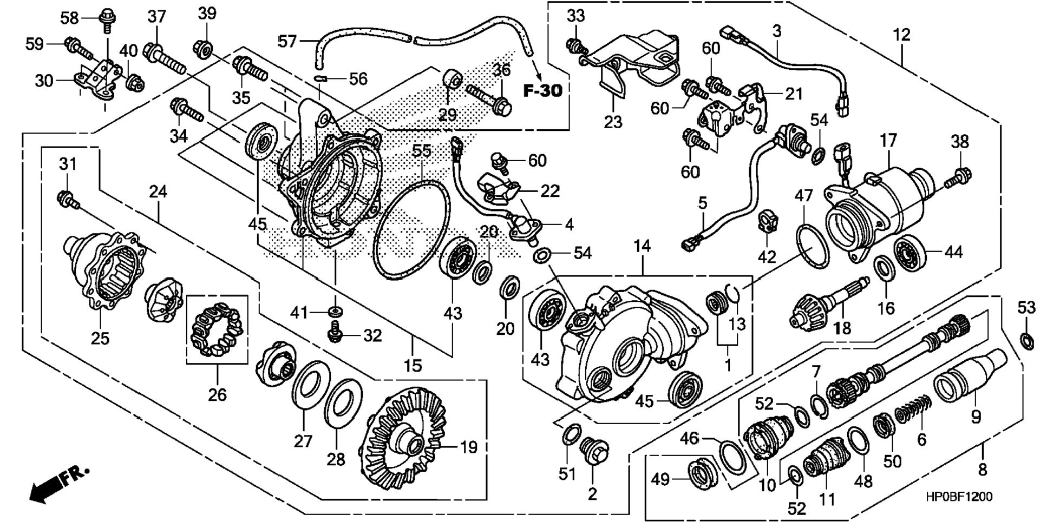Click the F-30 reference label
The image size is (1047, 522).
[542, 90]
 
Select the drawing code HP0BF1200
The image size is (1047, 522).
[958, 497]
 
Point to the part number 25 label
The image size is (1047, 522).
[100, 339]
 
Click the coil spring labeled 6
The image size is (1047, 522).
[912, 409]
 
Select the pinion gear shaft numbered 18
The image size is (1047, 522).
[828, 303]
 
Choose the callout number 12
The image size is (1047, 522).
[901, 36]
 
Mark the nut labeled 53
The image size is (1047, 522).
[1026, 341]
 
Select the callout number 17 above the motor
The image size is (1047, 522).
[888, 142]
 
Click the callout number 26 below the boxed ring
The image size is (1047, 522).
[217, 395]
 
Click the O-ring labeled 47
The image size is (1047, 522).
[812, 246]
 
